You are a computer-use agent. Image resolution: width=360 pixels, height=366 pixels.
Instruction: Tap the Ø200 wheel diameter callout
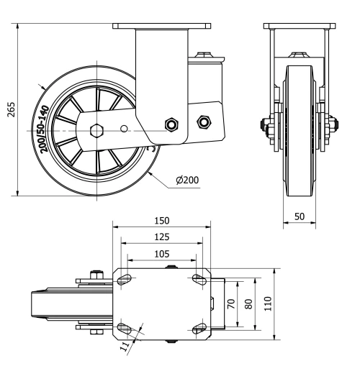click(187, 180)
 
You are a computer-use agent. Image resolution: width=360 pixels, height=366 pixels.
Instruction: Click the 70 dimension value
click(232, 303)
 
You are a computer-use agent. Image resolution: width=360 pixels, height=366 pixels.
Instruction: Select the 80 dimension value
click(249, 303)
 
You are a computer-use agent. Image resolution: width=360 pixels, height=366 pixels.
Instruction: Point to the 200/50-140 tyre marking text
click(44, 128)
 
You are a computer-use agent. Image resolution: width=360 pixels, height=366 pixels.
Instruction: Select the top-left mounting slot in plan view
click(125, 279)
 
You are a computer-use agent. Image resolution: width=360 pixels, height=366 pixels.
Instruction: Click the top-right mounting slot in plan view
click(198, 279)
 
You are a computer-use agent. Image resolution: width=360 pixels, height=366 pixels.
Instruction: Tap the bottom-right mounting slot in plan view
click(198, 329)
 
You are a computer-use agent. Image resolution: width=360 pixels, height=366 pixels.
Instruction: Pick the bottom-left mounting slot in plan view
click(125, 329)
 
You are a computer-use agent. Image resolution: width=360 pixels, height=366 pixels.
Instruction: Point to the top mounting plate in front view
click(298, 27)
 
